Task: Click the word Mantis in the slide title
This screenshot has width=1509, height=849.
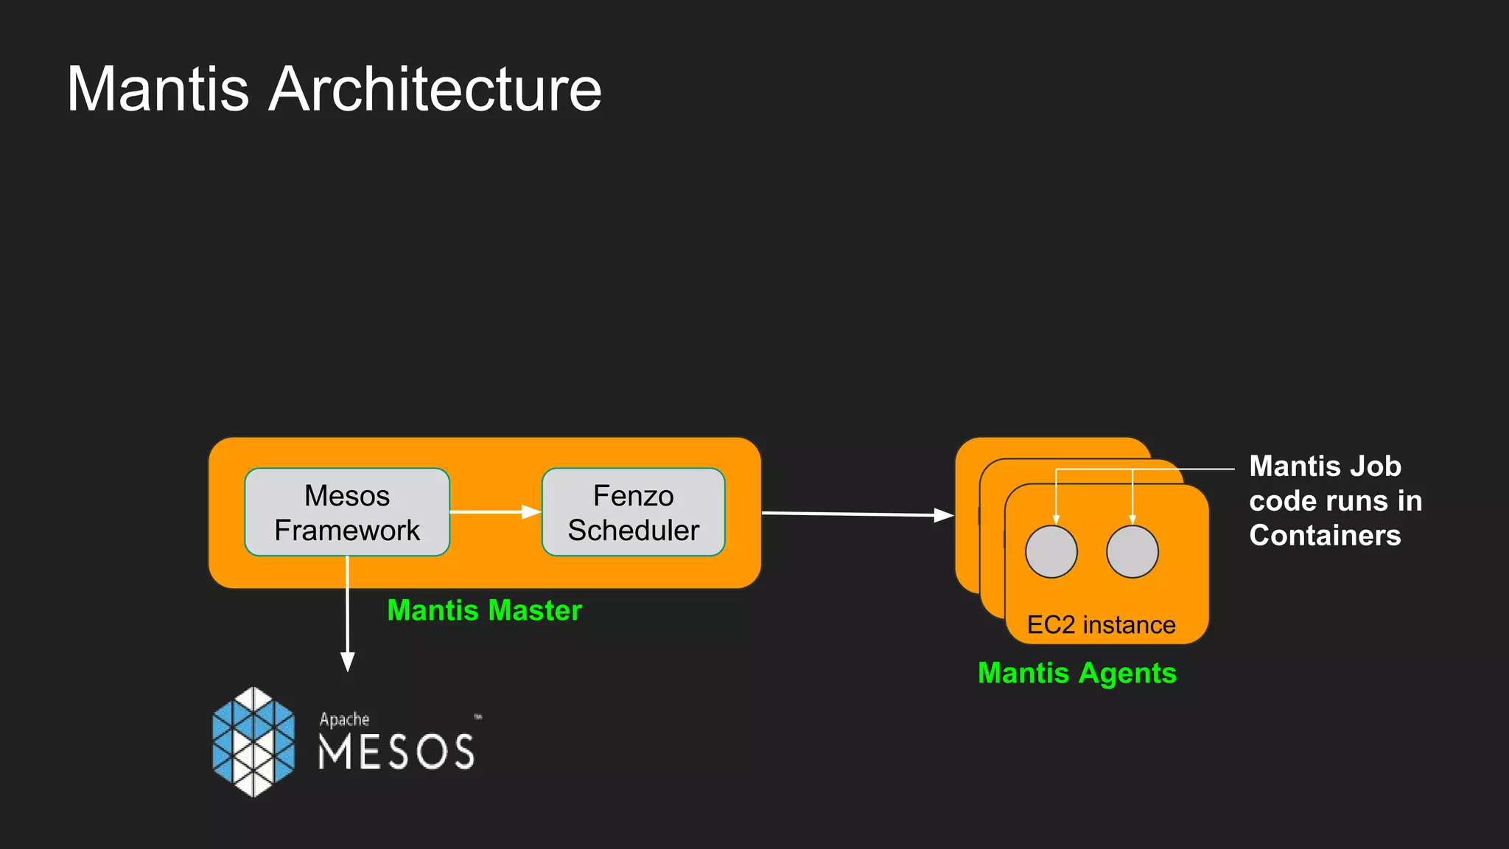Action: (x=158, y=89)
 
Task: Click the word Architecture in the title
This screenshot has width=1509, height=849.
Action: (x=435, y=89)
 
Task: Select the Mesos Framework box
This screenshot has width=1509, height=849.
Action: (x=346, y=512)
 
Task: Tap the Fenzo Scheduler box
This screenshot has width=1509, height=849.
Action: (x=633, y=512)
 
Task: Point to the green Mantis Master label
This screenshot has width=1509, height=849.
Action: (x=484, y=610)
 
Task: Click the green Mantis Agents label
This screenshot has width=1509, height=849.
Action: (x=1076, y=673)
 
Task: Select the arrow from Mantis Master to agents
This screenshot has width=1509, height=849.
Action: (x=855, y=514)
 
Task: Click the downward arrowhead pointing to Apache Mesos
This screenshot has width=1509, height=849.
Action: (x=347, y=661)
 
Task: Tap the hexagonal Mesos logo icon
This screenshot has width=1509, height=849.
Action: (x=253, y=741)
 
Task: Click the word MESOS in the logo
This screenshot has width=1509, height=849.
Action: (x=396, y=752)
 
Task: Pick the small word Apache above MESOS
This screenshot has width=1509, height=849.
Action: (x=344, y=719)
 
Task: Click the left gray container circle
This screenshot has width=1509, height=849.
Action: (x=1051, y=552)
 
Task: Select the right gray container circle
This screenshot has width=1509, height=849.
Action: (x=1132, y=552)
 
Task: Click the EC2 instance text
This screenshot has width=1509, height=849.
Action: (x=1101, y=625)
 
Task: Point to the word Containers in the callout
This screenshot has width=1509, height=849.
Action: (x=1324, y=536)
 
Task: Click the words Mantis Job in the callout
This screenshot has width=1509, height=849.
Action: (x=1324, y=467)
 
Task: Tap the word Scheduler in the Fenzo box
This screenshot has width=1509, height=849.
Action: (x=633, y=531)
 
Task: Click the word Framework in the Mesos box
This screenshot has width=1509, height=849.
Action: (x=346, y=531)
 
